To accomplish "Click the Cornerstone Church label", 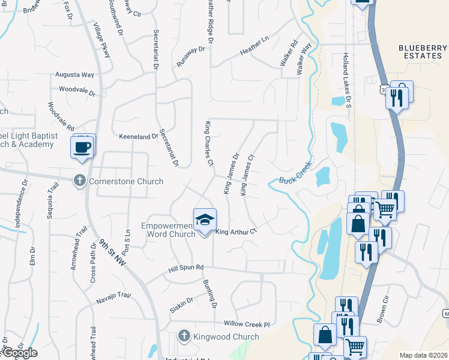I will [125, 181].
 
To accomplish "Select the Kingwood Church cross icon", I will [185, 337].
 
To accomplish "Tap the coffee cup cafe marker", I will [82, 146].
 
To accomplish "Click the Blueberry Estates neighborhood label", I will [423, 52].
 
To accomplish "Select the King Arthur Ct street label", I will [236, 232].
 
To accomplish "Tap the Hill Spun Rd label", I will [186, 267].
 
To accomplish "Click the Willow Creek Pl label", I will [247, 323].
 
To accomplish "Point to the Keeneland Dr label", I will [138, 137].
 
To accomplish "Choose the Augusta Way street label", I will [74, 75].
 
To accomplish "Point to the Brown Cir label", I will [383, 311].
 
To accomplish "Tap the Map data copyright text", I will [423, 355].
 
